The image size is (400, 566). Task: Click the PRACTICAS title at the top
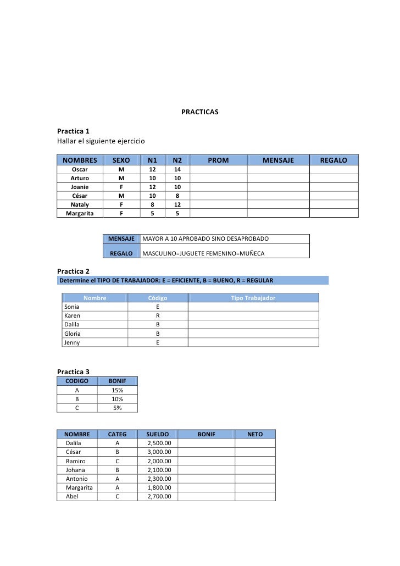pos(200,112)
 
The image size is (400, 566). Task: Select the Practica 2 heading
pos(73,271)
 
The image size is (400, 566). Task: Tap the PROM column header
pos(218,160)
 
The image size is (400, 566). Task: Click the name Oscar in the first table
pos(80,170)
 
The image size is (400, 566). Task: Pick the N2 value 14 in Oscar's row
pos(177,170)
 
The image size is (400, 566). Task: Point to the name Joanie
pos(80,187)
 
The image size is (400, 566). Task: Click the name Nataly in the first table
pos(80,204)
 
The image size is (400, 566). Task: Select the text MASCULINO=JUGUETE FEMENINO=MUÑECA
pos(203,253)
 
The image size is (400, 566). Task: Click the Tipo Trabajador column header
pos(253,298)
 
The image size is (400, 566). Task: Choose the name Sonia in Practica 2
pos(72,307)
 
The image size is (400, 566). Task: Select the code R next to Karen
pos(158,316)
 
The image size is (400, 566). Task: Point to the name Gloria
pos(73,334)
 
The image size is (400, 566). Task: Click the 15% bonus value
pos(117,390)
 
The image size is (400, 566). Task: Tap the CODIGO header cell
pos(77,380)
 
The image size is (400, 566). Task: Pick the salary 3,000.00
pos(159,452)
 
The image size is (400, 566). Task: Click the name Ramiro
pos(75,461)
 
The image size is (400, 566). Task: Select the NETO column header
pos(255,434)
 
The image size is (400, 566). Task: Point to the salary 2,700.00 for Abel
pos(159,496)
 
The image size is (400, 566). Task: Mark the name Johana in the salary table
pos(76,470)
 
